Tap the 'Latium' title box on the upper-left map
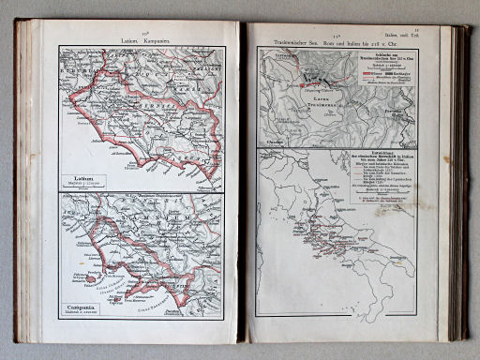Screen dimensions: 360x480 [83, 181]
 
